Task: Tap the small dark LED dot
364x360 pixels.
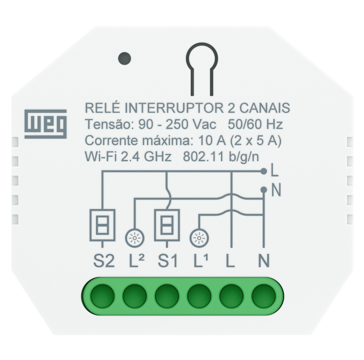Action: [x=124, y=59]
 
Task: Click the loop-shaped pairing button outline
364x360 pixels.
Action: [x=202, y=58]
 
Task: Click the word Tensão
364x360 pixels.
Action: [x=108, y=124]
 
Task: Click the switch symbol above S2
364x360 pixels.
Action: [x=102, y=225]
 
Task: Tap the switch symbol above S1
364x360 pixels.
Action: [x=167, y=225]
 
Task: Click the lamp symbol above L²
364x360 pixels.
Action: [x=134, y=238]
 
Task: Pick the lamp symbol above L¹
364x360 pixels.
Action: [x=199, y=238]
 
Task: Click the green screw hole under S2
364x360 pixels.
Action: [x=102, y=296]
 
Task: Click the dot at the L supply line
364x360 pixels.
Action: [x=264, y=171]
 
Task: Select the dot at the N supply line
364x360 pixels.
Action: [x=264, y=190]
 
